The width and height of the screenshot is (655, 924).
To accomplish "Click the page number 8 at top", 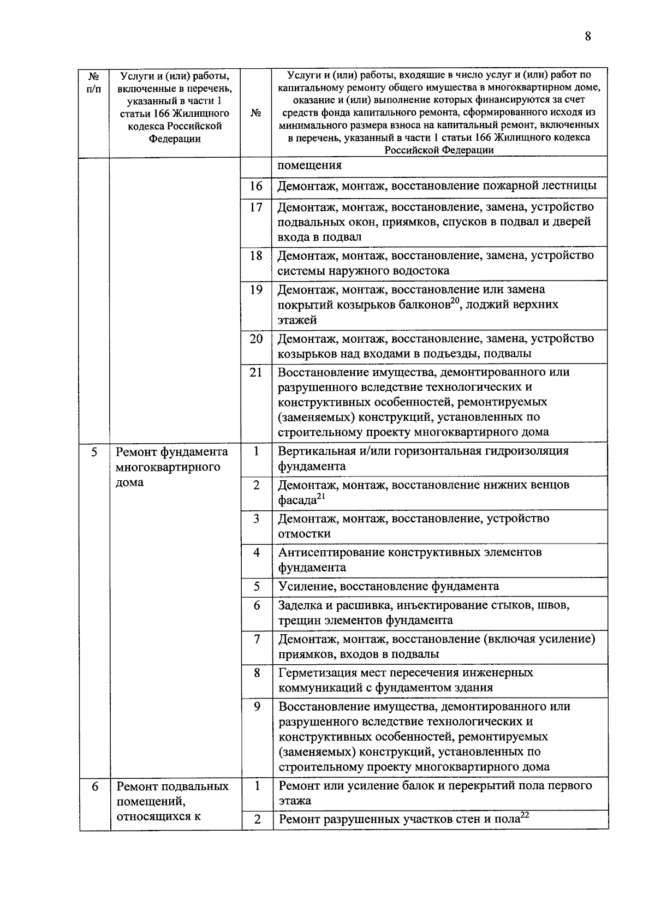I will pyautogui.click(x=588, y=37).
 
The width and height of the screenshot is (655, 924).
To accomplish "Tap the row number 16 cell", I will pyautogui.click(x=256, y=186).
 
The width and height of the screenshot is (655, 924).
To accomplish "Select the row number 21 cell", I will pyautogui.click(x=256, y=372).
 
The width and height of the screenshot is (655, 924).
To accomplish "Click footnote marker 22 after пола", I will pyautogui.click(x=525, y=815).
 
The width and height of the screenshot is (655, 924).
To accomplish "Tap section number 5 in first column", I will pyautogui.click(x=94, y=452).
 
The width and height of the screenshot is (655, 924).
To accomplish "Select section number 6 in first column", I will pyautogui.click(x=94, y=786).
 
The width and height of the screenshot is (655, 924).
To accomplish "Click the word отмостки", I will pyautogui.click(x=305, y=533).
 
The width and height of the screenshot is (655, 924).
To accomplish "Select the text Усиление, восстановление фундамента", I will pyautogui.click(x=388, y=586).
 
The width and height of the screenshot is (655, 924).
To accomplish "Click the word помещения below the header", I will pyautogui.click(x=309, y=165).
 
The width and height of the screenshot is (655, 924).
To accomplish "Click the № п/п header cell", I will pyautogui.click(x=94, y=82).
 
